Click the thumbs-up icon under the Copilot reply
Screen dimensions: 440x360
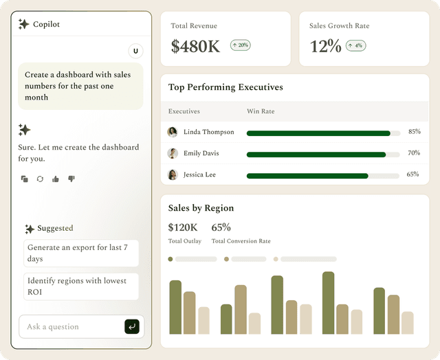pos(56,179)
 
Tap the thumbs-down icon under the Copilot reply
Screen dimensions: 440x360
pos(71,179)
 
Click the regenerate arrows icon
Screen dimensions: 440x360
pos(40,179)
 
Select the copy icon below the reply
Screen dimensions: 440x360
pos(25,179)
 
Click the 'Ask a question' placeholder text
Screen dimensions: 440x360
pos(53,326)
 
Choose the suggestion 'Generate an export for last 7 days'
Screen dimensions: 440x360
pos(81,254)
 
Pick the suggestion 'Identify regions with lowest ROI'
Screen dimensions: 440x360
pos(81,286)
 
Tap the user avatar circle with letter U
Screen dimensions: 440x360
pos(135,51)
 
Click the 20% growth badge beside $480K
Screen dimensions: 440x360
pos(241,45)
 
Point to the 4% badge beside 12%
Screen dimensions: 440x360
pos(356,46)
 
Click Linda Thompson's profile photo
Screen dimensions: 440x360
pos(173,132)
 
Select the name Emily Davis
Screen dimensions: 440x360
pos(201,153)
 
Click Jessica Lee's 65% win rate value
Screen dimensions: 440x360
pos(412,174)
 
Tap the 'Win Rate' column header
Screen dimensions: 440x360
pos(261,111)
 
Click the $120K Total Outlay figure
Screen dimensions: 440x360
pos(183,227)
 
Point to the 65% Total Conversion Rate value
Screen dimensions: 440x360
pos(221,227)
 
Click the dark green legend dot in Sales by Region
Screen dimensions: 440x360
pos(170,259)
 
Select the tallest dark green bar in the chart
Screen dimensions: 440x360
pos(329,303)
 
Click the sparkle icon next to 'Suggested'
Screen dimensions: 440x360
pos(30,229)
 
